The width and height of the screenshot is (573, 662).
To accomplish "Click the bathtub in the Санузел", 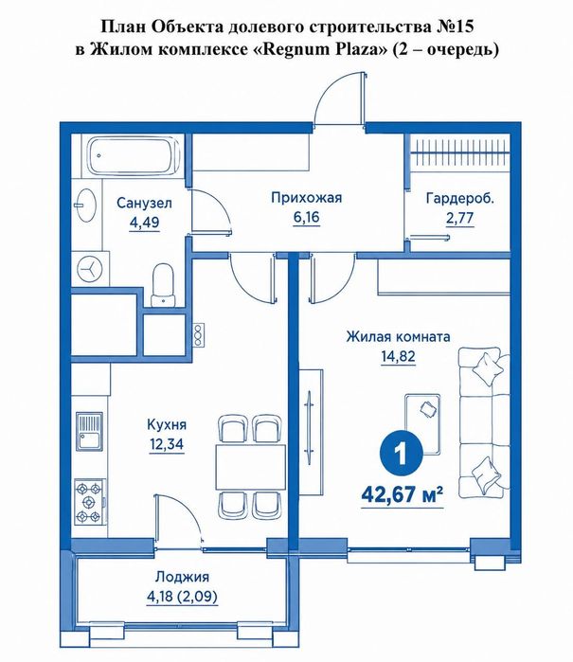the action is (134, 155).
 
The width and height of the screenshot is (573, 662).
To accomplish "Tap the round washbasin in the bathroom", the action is (86, 205).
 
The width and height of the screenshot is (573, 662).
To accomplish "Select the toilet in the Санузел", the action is (163, 285).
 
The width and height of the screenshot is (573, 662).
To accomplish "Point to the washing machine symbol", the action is (90, 269).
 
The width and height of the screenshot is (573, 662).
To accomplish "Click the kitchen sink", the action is (89, 431).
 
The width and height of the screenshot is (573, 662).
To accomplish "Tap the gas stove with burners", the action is (90, 502).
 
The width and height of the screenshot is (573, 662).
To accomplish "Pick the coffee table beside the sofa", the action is (422, 424).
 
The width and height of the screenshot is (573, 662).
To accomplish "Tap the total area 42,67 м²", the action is (402, 493).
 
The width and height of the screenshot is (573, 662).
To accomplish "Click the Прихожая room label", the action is (306, 198).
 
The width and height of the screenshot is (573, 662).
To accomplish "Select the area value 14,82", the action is (398, 356).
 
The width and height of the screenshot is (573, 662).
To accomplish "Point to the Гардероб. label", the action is (460, 198).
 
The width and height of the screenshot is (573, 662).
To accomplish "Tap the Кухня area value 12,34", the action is (167, 444).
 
